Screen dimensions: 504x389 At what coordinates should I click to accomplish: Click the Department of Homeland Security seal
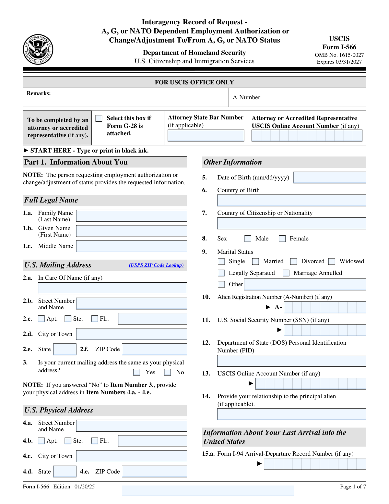coord(38,49)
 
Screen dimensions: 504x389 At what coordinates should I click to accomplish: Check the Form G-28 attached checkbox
coord(99,118)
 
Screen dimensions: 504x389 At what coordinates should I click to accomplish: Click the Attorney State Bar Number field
coord(206,135)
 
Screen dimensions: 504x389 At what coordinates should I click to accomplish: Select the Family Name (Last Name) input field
coord(131,215)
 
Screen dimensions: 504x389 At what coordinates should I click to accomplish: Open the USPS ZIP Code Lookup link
coord(156,265)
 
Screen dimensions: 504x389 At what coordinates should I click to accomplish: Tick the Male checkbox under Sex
coord(248,239)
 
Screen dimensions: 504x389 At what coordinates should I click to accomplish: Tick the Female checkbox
coord(282,239)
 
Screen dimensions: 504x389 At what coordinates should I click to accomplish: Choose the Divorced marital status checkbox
coord(294,261)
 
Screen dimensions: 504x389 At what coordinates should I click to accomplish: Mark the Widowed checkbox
coord(332,261)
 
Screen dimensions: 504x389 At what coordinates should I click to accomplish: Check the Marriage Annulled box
coord(286,273)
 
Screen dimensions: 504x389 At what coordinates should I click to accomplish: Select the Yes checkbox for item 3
coord(137,372)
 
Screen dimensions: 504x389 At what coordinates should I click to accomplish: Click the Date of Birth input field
coord(330,178)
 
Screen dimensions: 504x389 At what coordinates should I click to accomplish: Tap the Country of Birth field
coord(291,200)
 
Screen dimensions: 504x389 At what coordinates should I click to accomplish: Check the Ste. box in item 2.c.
coord(68,319)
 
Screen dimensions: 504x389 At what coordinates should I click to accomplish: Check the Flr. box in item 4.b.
coord(95,441)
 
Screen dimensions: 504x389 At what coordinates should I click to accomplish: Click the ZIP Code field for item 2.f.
coord(154,349)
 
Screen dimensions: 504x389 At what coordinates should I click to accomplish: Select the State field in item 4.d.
coord(65,471)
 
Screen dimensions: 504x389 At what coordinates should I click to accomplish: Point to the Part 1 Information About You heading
coord(76,162)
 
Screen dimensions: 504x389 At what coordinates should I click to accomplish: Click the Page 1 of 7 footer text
coord(353,486)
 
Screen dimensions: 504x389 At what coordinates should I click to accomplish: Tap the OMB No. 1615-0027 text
coord(339,55)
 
